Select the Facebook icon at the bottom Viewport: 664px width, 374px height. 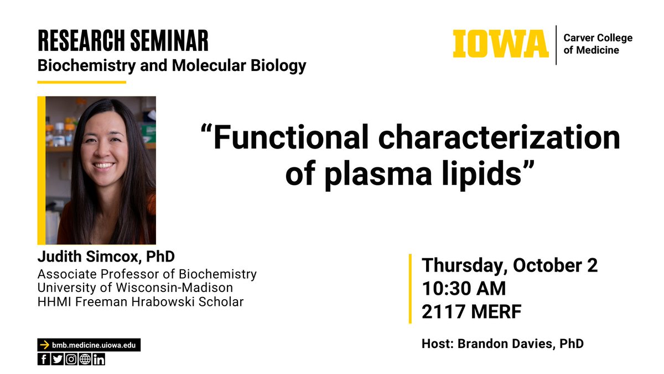click(44, 359)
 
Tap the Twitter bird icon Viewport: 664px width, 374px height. click(58, 359)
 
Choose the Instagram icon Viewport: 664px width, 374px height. click(71, 359)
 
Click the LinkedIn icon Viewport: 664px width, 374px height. click(98, 359)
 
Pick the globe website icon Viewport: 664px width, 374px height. click(85, 359)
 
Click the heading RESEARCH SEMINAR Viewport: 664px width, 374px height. click(123, 40)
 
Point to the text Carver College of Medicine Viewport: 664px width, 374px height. click(598, 44)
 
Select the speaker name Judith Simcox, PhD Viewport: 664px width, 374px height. click(106, 257)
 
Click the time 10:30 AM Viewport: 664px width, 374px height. click(464, 289)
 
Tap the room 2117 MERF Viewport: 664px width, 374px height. click(471, 312)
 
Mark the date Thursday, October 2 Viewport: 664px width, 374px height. click(510, 265)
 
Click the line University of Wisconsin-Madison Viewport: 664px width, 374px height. click(135, 288)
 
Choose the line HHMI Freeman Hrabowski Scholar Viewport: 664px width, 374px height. click(140, 302)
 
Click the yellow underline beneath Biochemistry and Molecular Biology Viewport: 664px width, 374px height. click(81, 82)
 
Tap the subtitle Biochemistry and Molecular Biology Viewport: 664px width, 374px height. click(172, 65)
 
